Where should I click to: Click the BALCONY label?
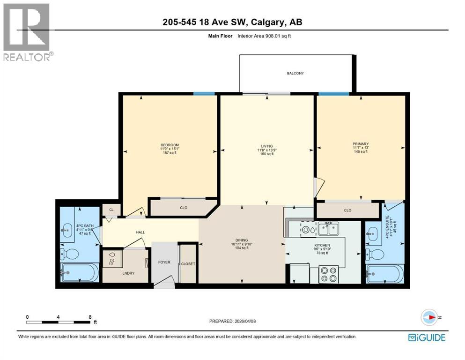click(x=295, y=73)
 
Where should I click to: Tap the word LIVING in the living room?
click(x=267, y=146)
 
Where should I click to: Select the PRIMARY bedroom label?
click(x=361, y=144)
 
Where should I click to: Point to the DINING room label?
click(x=242, y=239)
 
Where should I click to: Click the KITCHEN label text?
click(x=322, y=245)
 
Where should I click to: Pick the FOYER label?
click(x=164, y=262)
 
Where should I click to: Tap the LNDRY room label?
click(x=128, y=273)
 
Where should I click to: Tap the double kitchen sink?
click(x=328, y=229)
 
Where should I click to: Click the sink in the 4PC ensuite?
click(x=373, y=232)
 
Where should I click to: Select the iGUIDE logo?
click(x=427, y=337)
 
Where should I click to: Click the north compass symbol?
click(x=429, y=317)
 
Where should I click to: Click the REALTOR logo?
click(x=28, y=32)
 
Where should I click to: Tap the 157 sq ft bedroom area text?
click(x=170, y=152)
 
